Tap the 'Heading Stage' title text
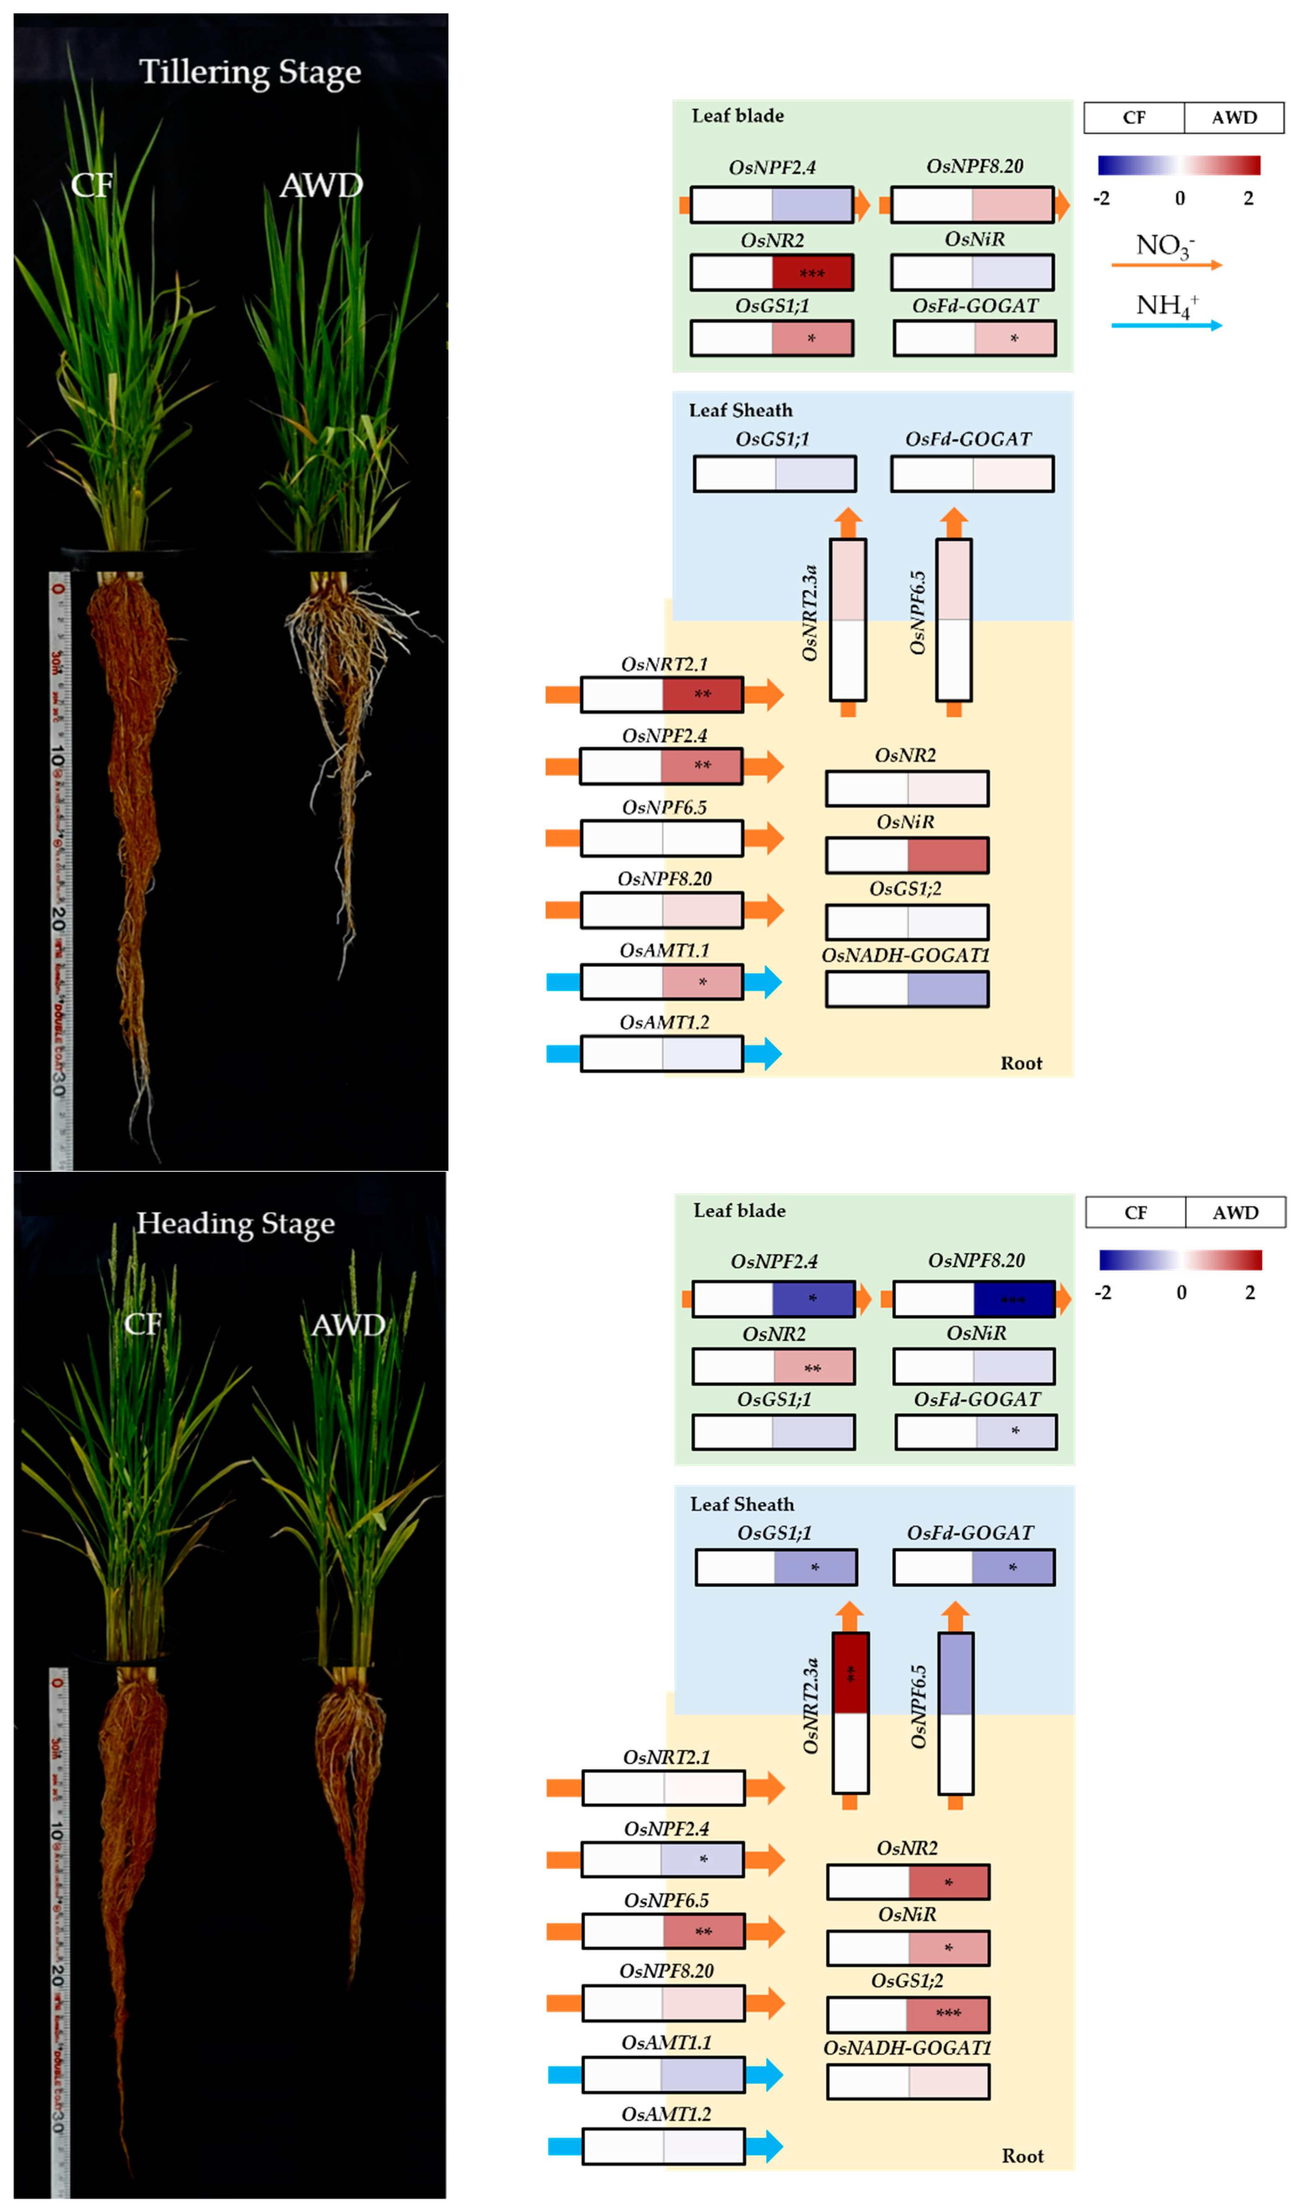pos(235,1223)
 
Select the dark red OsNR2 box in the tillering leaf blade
pos(811,272)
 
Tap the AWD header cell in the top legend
pos(1234,117)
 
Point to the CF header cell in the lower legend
pos(1135,1212)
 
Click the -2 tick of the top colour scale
pos(1101,199)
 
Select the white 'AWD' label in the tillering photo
pos(321,186)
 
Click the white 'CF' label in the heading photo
pos(143,1324)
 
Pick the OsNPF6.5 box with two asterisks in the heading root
pos(663,1931)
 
